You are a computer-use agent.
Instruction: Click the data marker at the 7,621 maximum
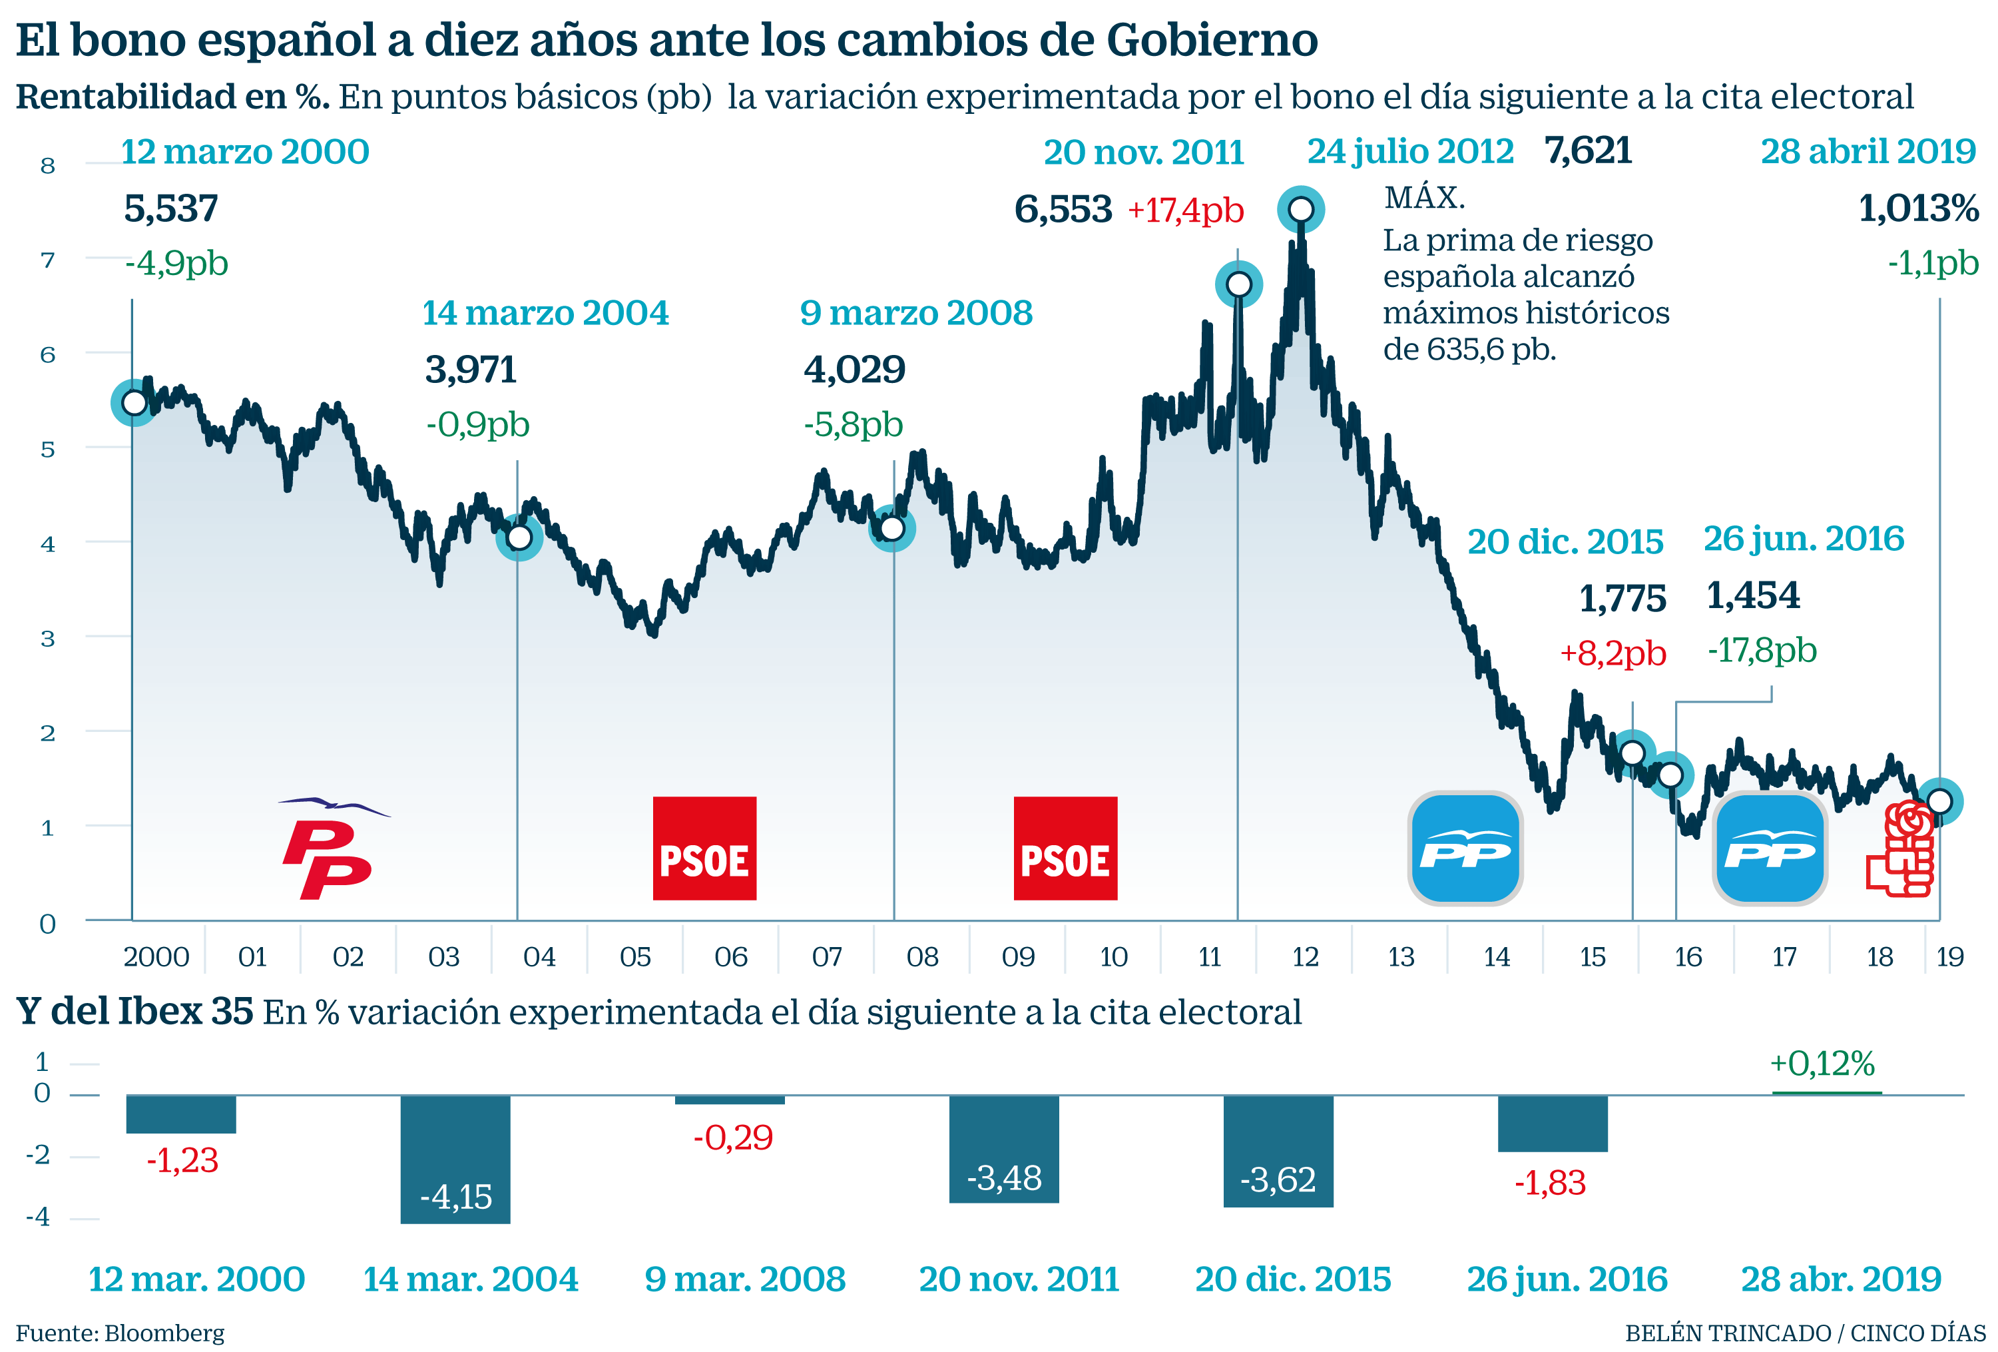tap(1300, 209)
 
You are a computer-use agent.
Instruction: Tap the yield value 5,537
tap(171, 209)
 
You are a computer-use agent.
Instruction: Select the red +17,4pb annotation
tap(1186, 210)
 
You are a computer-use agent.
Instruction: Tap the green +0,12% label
tap(1822, 1064)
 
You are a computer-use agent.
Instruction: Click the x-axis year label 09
tap(1018, 956)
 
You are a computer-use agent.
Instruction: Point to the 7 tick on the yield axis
tap(47, 260)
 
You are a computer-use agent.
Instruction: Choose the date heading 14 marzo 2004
tap(545, 313)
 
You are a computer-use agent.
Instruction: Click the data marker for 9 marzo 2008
tap(892, 528)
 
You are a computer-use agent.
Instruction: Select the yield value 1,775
tap(1623, 599)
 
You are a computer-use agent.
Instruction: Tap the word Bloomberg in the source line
tap(164, 1333)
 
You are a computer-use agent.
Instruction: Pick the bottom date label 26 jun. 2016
tap(1567, 1279)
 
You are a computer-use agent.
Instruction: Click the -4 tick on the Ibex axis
tap(38, 1217)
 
